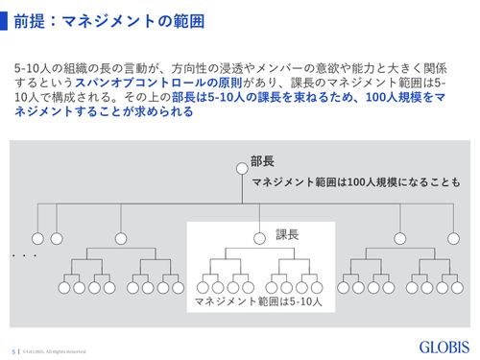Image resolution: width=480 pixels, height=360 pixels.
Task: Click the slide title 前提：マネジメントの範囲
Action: (x=92, y=22)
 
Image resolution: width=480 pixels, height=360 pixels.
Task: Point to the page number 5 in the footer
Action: (x=13, y=349)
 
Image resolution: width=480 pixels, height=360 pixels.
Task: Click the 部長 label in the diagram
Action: (x=264, y=160)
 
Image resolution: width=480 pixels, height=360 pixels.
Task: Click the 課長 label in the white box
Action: (x=288, y=233)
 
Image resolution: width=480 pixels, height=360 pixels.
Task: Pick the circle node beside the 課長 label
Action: (x=259, y=238)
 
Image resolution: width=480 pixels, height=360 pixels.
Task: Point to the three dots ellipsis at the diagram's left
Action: (x=24, y=257)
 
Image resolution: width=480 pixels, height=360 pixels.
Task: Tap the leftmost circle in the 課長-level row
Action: (x=37, y=238)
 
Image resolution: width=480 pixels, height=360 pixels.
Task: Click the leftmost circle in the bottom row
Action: (x=63, y=285)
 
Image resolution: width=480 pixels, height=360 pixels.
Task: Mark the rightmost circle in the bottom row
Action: (x=457, y=285)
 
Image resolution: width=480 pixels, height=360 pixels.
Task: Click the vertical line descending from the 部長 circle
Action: (x=241, y=187)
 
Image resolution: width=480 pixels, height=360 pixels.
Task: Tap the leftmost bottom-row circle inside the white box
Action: (x=203, y=285)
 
